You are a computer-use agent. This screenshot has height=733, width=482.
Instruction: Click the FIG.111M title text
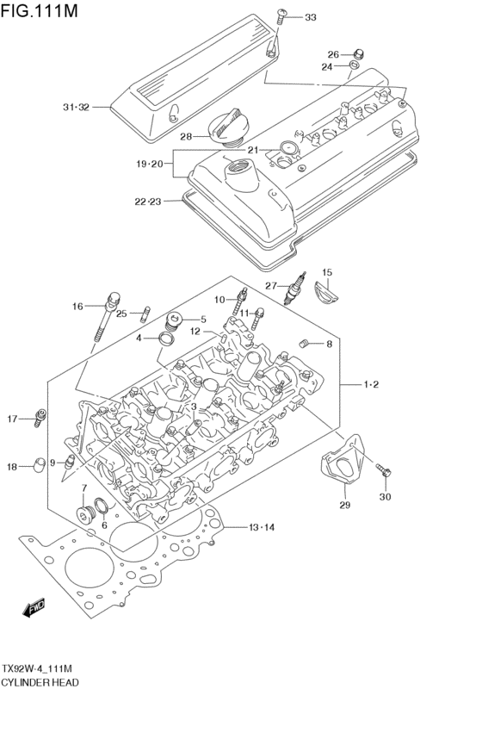coord(39,10)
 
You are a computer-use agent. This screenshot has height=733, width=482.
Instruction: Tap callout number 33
coord(311,17)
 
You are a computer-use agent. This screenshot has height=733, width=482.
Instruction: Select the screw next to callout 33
coord(281,16)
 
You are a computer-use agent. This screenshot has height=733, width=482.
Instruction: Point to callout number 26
coord(333,54)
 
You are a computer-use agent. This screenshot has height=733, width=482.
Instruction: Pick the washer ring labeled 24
coord(355,64)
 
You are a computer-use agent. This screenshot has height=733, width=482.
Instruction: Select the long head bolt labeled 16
coord(107,318)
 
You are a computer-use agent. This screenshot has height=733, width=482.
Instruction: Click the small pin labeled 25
coord(145,314)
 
